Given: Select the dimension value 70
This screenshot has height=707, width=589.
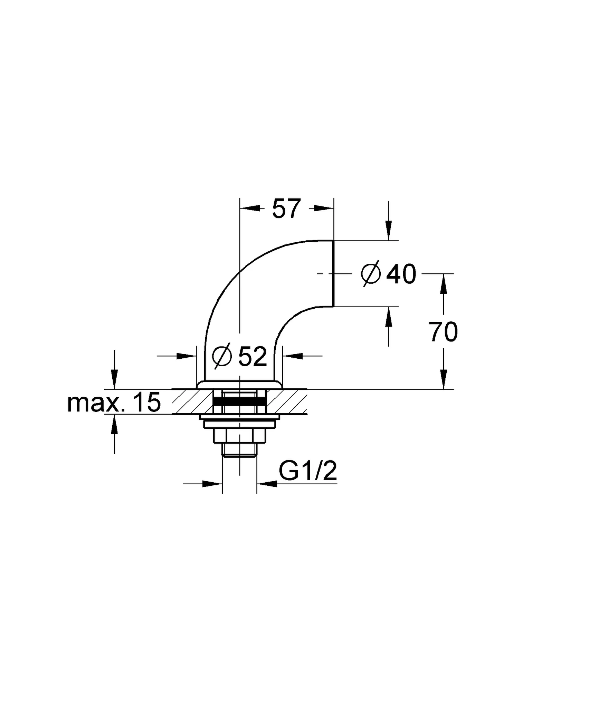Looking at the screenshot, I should (x=443, y=332).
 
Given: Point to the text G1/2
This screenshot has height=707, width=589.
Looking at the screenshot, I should (x=308, y=471).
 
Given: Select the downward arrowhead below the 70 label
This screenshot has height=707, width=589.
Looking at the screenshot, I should (x=444, y=379).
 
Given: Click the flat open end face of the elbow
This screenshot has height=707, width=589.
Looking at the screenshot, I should (x=333, y=273).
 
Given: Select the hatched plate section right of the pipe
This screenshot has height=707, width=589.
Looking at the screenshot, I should (x=287, y=401).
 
